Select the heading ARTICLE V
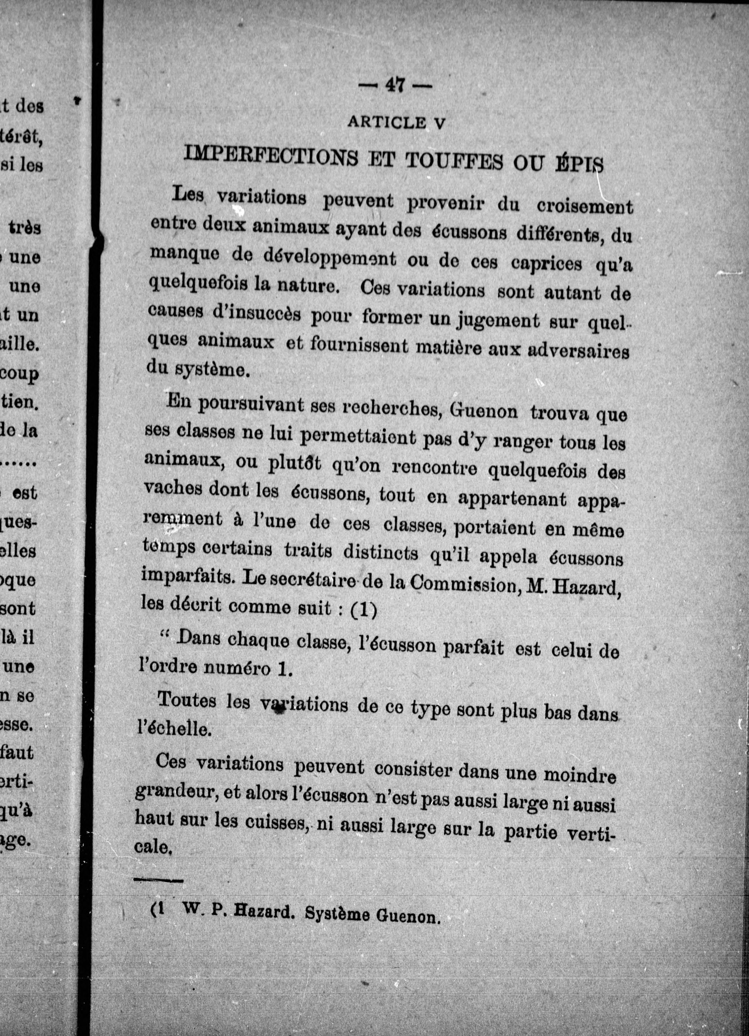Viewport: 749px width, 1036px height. tap(396, 123)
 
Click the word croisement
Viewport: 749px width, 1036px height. tap(585, 206)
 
